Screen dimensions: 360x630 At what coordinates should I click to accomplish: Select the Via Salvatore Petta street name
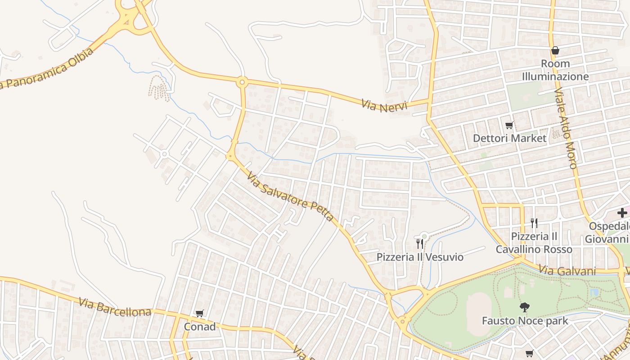(x=290, y=198)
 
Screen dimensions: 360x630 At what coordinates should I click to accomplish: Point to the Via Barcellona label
(x=115, y=307)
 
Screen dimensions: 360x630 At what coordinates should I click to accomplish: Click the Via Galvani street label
(x=567, y=270)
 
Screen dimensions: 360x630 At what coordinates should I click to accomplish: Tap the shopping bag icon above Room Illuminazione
(x=555, y=50)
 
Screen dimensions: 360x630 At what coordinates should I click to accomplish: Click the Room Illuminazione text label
(x=555, y=70)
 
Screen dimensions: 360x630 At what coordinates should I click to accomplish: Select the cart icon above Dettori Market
(x=509, y=126)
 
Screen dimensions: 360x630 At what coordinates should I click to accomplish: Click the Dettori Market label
(x=509, y=138)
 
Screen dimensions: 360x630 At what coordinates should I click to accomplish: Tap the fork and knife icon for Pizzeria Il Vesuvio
(x=419, y=244)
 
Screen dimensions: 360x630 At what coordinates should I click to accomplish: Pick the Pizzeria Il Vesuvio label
(x=420, y=257)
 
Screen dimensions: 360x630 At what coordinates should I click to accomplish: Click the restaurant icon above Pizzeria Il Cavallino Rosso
(x=534, y=223)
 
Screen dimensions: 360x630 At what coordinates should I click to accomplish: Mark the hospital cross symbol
(x=622, y=213)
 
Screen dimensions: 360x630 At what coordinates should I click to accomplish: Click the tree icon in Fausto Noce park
(x=524, y=308)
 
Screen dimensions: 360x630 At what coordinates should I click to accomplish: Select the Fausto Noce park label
(x=525, y=321)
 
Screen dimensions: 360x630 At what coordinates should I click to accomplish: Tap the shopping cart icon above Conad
(x=199, y=313)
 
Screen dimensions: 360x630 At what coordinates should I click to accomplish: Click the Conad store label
(x=199, y=327)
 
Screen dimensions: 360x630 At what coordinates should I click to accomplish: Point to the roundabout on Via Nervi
(x=243, y=82)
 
